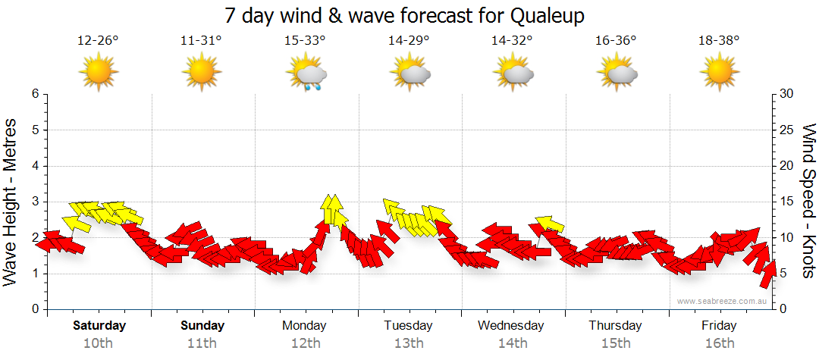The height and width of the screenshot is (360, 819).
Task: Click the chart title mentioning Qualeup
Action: coord(409,15)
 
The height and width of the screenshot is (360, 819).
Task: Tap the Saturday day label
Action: coord(99,326)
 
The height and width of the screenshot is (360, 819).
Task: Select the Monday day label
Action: coord(304,326)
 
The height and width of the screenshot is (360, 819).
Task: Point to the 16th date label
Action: coord(719,343)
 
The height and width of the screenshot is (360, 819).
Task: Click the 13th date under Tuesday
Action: coord(408,343)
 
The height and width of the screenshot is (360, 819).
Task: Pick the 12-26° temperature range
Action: coord(98,41)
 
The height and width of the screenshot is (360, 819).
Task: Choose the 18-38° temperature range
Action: coord(719,41)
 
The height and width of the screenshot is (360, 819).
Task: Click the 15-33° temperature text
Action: coord(305,41)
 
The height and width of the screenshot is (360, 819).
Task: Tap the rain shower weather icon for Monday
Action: coord(306,74)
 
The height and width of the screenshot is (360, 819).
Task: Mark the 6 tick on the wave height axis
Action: coord(34,94)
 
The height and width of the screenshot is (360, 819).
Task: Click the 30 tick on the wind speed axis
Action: coord(787,94)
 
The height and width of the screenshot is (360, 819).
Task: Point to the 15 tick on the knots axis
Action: coord(787,202)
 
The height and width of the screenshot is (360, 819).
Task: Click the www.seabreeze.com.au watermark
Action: coord(723,301)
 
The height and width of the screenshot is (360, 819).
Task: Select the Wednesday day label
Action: coord(511,326)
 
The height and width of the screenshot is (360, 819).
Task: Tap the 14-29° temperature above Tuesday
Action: coord(409,41)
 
